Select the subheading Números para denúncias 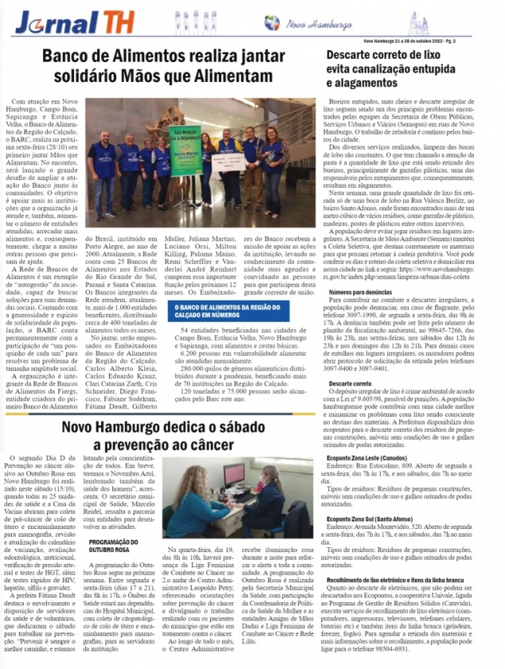click(x=362, y=293)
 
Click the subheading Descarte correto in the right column click(x=353, y=383)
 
